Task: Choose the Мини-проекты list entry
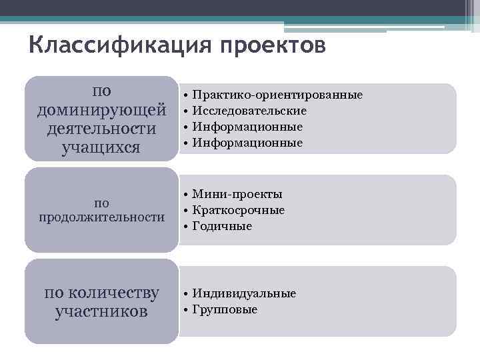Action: pyautogui.click(x=237, y=194)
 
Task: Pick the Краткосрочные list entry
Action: pyautogui.click(x=238, y=210)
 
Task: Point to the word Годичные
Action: pyautogui.click(x=222, y=226)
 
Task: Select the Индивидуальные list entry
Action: pyautogui.click(x=244, y=293)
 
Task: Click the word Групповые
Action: pyautogui.click(x=225, y=309)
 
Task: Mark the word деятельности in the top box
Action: pyautogui.click(x=101, y=127)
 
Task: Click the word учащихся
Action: pyautogui.click(x=101, y=146)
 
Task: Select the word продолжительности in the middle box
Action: pyautogui.click(x=101, y=217)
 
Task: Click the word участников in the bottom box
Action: pyautogui.click(x=101, y=311)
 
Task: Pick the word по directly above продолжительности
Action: pyautogui.click(x=101, y=202)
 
